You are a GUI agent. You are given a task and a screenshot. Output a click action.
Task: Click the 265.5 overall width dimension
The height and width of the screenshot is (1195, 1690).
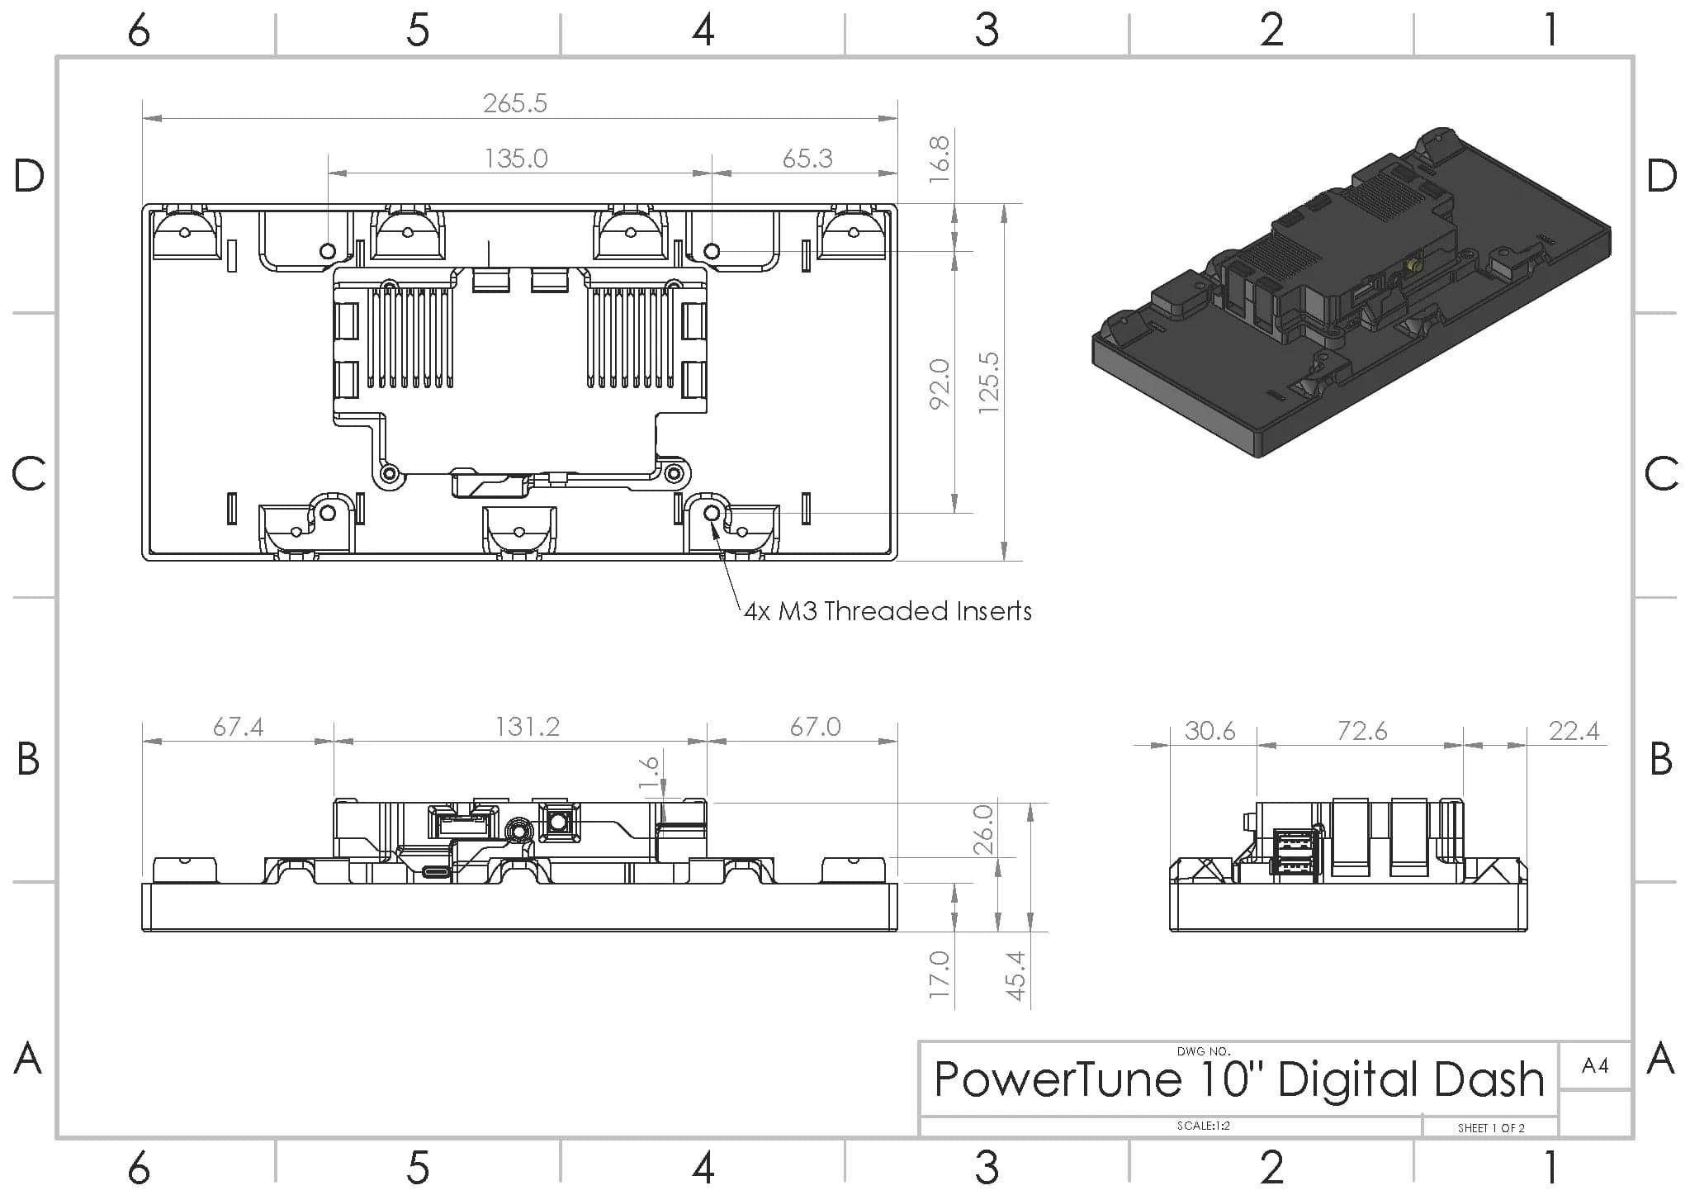tap(515, 103)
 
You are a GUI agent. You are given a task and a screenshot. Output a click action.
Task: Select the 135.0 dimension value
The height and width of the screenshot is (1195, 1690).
tap(516, 158)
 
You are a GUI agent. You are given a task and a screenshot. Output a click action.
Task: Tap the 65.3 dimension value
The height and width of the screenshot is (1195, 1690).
tap(807, 158)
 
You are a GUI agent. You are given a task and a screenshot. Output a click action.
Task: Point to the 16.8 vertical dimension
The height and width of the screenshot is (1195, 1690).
tap(940, 159)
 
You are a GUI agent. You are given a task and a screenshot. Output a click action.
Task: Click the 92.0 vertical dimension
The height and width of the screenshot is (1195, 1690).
tap(940, 383)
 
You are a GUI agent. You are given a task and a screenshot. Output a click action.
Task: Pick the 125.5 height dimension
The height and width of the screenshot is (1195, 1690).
tap(989, 383)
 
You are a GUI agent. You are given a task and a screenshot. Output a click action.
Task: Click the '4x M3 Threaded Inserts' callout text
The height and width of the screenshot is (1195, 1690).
tap(888, 611)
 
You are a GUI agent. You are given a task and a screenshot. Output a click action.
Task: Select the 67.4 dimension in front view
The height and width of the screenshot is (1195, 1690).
tap(238, 727)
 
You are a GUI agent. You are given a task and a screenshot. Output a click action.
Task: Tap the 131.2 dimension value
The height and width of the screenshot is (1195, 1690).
tap(528, 727)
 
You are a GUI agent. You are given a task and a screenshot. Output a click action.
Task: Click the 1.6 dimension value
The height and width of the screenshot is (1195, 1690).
tap(650, 772)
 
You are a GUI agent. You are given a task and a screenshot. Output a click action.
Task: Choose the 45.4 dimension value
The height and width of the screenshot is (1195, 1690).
tap(1016, 975)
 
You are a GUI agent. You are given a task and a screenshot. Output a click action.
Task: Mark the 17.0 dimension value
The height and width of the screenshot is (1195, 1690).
tap(940, 975)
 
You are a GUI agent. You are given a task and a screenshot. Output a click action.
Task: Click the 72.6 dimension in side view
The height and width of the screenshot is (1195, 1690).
tap(1362, 731)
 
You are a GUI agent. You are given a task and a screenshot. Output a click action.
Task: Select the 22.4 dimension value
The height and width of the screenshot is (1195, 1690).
tap(1574, 731)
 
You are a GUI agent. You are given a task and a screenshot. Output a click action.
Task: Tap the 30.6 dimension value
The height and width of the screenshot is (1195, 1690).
tap(1210, 731)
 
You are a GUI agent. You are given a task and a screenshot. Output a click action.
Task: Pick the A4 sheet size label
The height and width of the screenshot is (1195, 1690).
tap(1595, 1065)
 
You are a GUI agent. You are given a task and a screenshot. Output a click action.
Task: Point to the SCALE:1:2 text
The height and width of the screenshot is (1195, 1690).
tap(1203, 1126)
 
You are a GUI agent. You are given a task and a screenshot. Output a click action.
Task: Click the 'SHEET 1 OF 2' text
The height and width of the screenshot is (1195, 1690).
tap(1490, 1128)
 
